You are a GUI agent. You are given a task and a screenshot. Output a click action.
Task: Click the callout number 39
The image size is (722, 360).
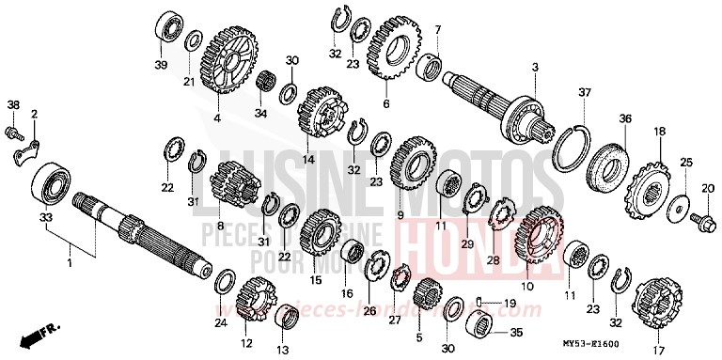pos(161,64)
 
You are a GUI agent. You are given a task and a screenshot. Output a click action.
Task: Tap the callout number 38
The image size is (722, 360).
pos(13,103)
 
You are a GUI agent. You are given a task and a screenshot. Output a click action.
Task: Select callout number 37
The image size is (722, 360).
pos(584,92)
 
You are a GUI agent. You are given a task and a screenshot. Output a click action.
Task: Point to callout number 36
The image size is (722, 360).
pos(624,118)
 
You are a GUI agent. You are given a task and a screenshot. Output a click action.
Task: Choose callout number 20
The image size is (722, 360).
pos(707,188)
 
